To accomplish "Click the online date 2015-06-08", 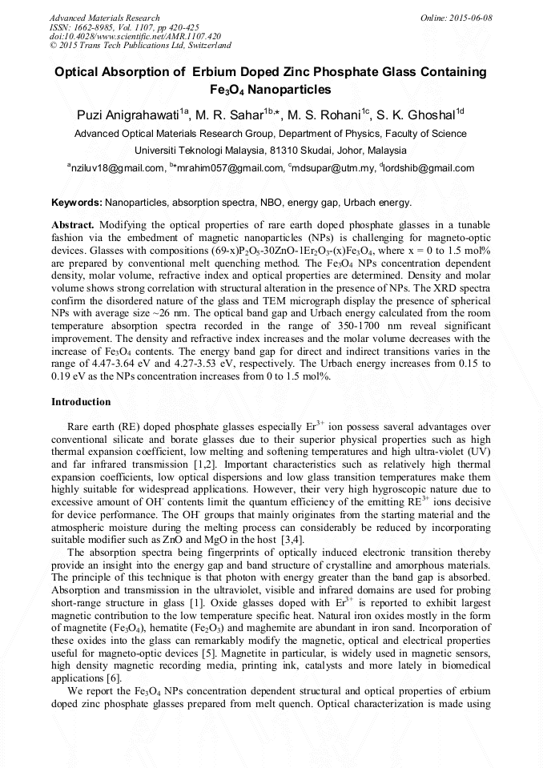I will pos(469,18).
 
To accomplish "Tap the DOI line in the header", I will pos(135,36).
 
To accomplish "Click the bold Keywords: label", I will pos(77,203).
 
